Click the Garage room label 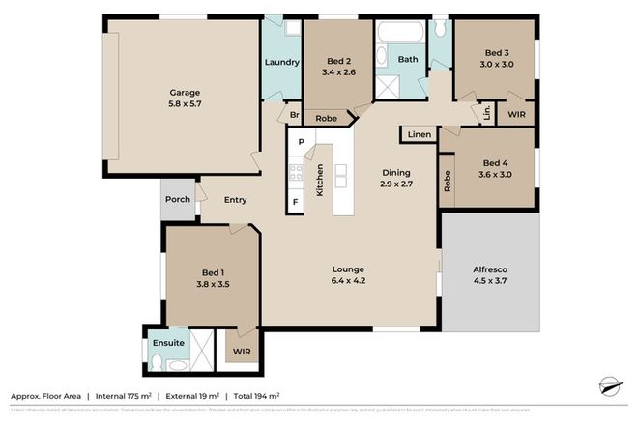(185, 94)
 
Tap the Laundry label (281, 64)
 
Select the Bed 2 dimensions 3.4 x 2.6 (338, 71)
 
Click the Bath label (408, 59)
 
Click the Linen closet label (419, 134)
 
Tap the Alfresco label (489, 269)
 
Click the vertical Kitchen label (320, 182)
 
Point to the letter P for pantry (301, 142)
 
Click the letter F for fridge (295, 202)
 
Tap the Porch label (178, 200)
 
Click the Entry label (235, 200)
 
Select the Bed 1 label (214, 273)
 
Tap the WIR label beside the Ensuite (241, 353)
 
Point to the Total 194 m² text (254, 396)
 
